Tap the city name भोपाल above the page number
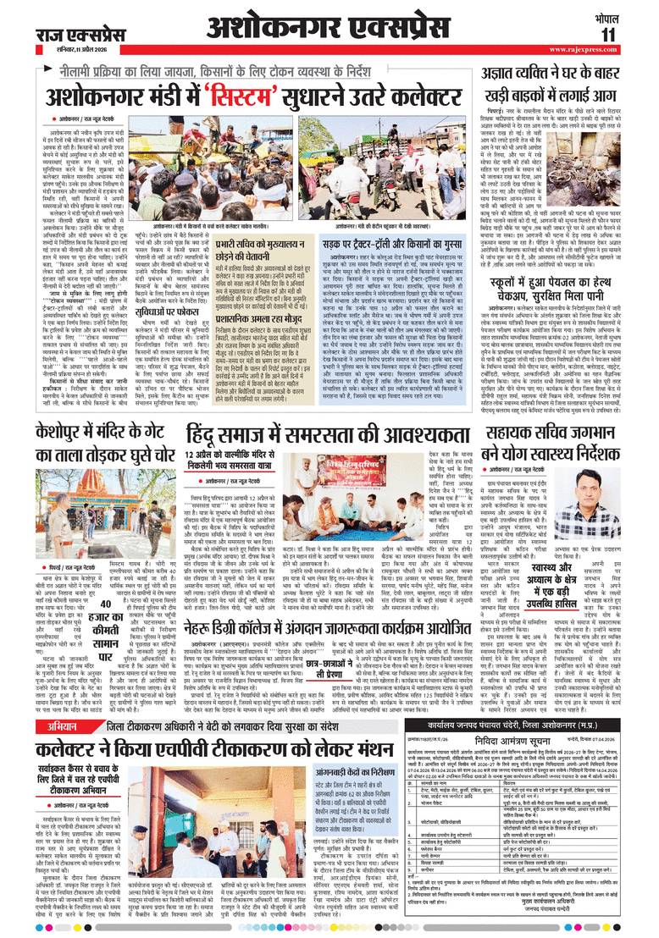629,15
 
